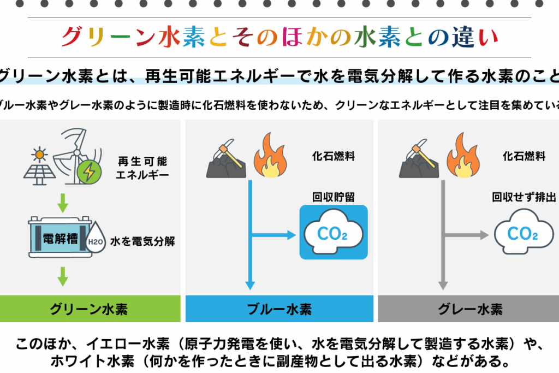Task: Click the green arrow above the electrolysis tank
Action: point(63,203)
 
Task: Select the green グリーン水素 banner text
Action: point(90,309)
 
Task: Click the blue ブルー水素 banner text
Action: point(279,309)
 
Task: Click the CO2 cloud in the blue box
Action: point(333,233)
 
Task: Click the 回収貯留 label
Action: point(333,197)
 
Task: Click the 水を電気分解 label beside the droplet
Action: point(142,241)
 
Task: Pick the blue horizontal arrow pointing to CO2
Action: point(273,235)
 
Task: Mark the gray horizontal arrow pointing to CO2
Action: point(465,235)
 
